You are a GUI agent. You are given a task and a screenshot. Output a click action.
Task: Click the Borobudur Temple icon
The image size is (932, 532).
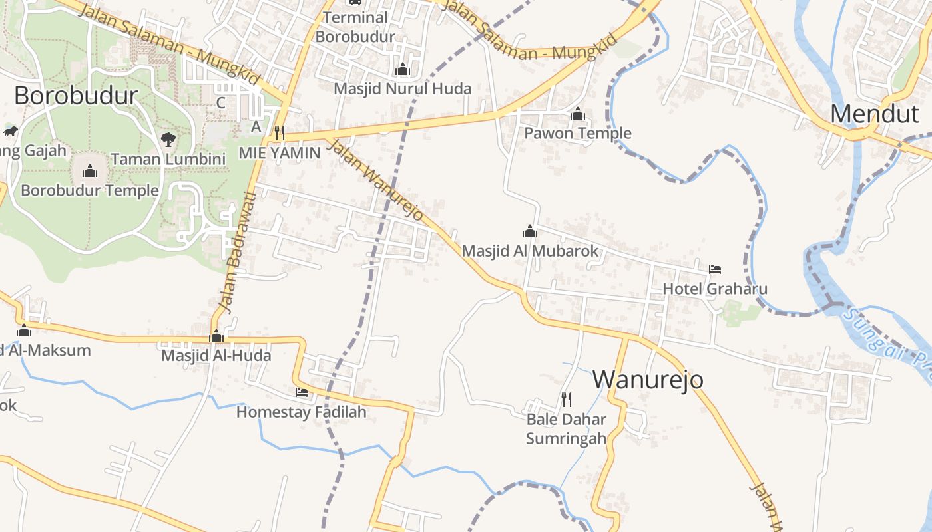90,172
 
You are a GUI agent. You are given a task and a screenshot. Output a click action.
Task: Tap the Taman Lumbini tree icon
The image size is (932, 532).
168,140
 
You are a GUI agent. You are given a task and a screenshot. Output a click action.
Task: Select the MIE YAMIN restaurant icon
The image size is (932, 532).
280,133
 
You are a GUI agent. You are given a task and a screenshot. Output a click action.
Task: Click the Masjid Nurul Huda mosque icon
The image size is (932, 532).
402,70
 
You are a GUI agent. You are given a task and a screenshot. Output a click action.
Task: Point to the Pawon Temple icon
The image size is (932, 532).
578,114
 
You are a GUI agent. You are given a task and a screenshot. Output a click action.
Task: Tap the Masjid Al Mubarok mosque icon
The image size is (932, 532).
530,231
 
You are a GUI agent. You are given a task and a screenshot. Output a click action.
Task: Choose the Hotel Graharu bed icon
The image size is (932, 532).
715,269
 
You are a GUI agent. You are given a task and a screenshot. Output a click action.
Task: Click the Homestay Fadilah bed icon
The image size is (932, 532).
302,392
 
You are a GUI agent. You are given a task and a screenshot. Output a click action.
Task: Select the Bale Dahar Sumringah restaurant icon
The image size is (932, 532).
567,399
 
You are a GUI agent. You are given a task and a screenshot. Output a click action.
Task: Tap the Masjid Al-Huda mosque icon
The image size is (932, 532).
216,336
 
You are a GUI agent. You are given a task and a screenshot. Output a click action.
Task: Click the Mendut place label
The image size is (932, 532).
874,114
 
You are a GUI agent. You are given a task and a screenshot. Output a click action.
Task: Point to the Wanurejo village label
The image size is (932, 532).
648,379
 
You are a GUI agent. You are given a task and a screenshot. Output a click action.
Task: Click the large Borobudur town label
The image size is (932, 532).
76,96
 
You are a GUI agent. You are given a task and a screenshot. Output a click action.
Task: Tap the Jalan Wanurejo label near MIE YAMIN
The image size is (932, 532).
376,180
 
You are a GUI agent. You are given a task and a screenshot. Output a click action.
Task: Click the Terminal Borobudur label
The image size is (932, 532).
355,27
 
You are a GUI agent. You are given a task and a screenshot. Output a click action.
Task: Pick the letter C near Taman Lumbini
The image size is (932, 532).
221,103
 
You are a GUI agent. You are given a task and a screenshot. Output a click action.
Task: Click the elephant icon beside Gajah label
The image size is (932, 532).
11,131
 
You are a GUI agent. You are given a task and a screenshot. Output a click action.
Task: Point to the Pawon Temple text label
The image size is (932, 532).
578,133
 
